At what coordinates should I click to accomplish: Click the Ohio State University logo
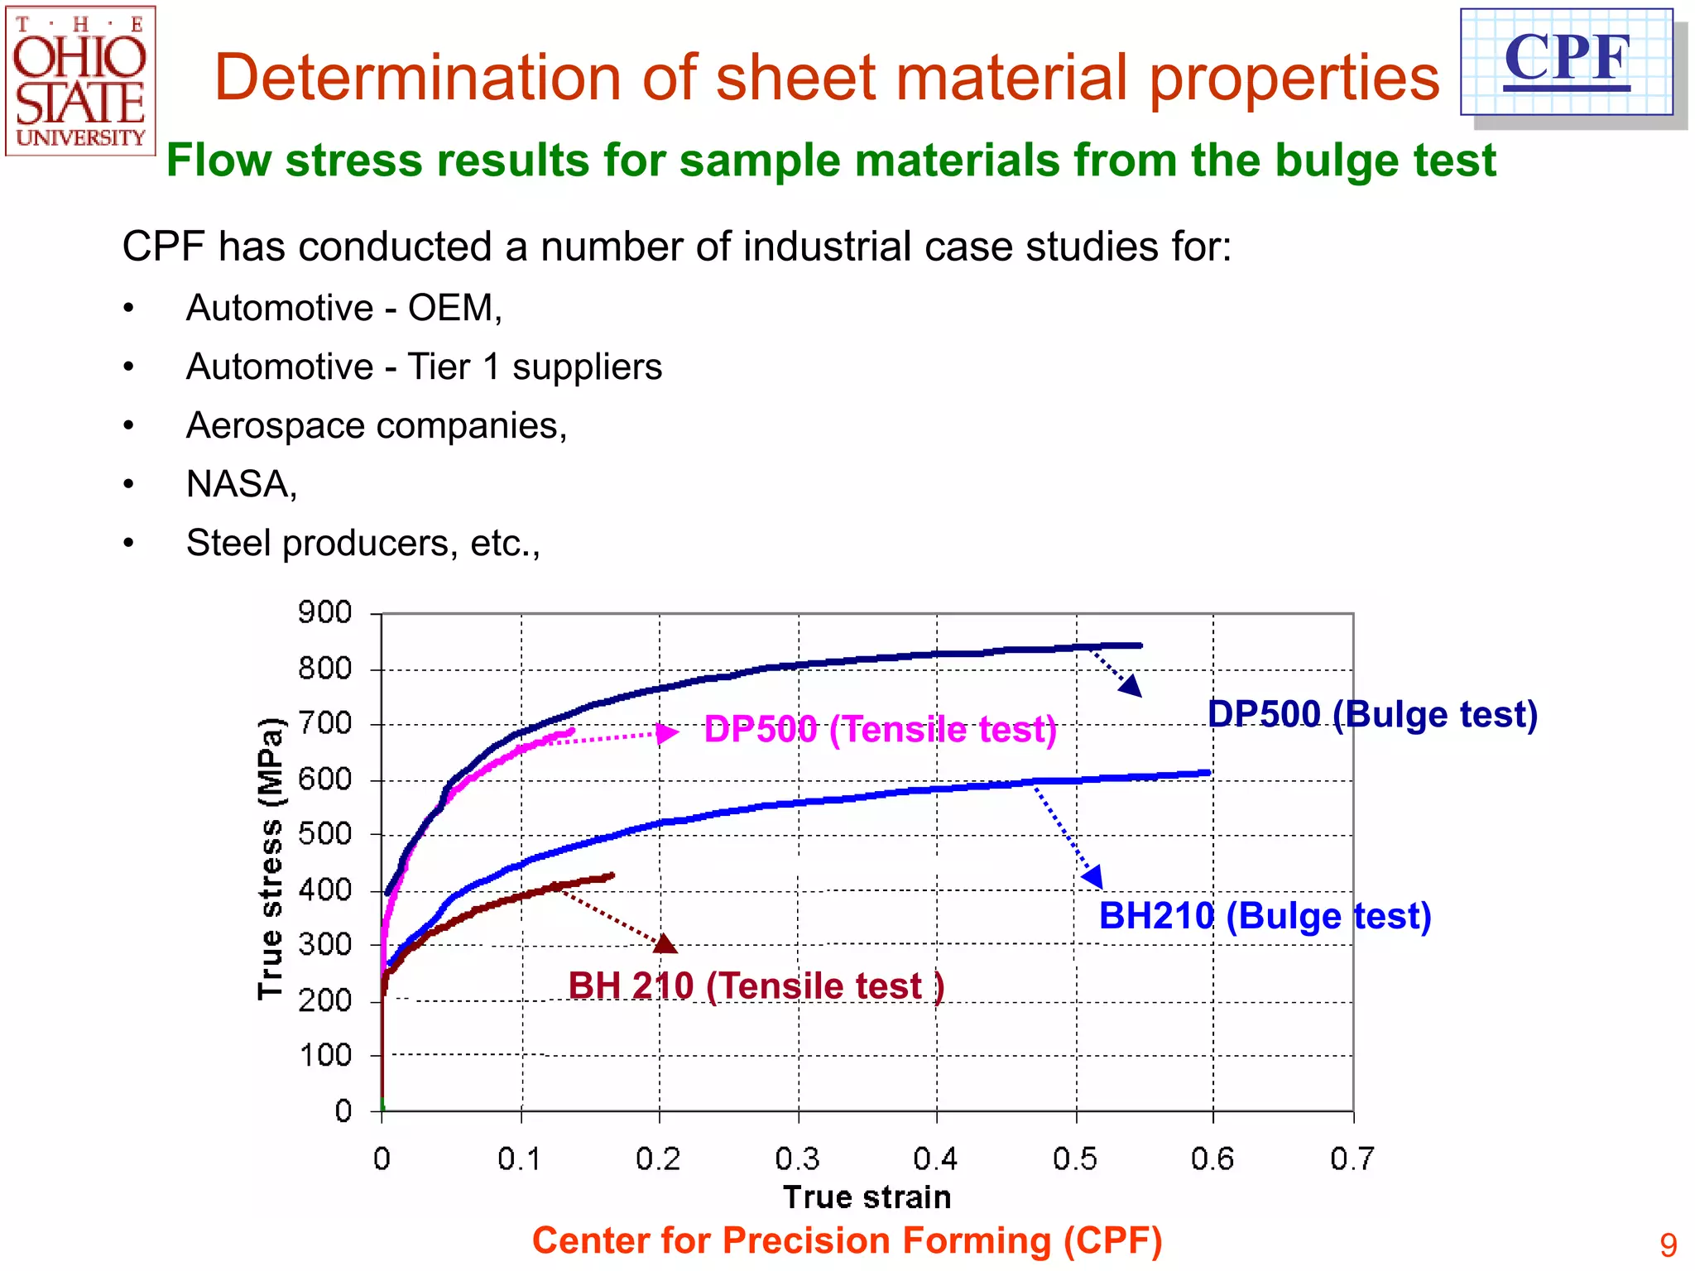[80, 80]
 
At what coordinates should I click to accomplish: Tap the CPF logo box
[1566, 61]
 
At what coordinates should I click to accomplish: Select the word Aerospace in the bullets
[276, 425]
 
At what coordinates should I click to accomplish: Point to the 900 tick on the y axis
[324, 613]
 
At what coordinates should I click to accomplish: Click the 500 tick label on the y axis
[324, 834]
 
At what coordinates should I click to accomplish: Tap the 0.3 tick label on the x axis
[797, 1158]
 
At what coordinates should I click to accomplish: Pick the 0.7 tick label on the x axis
[1352, 1158]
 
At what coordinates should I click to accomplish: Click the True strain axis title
[867, 1197]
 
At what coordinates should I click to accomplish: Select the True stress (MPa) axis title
[271, 859]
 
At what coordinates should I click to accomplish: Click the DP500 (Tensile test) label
[880, 730]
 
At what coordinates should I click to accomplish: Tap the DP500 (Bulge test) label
[1372, 714]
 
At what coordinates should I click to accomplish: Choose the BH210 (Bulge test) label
[1265, 916]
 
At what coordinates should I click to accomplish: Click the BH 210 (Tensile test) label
[756, 986]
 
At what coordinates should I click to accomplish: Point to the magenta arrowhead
[666, 732]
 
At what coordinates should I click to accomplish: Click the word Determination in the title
[417, 78]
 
